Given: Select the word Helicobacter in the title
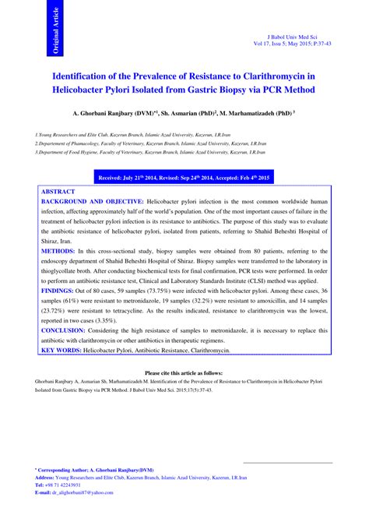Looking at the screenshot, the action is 84,92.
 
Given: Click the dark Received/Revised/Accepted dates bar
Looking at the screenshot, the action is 184,178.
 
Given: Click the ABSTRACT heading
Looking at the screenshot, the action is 58,191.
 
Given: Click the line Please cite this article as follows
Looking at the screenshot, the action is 184,373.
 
